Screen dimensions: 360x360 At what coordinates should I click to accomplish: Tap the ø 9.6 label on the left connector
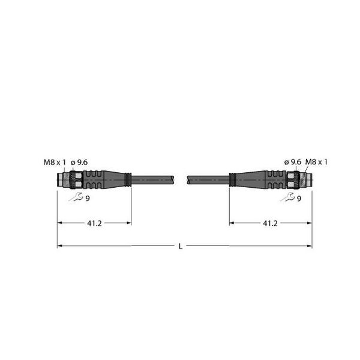tap(80, 161)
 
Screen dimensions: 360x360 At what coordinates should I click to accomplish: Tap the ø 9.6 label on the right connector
tap(292, 161)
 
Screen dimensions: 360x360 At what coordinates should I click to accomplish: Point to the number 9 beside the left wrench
tap(88, 199)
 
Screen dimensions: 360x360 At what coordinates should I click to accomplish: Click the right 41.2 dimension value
tap(271, 223)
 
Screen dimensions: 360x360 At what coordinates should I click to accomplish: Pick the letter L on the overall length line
tap(181, 246)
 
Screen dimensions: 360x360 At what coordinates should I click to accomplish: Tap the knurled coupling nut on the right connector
tap(293, 179)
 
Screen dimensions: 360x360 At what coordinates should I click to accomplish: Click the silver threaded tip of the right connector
tap(305, 179)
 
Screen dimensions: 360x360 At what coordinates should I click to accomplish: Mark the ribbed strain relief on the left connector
tap(96, 179)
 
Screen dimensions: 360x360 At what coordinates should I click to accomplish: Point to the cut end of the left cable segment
tap(175, 179)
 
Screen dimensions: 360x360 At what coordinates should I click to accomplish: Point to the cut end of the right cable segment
tap(190, 179)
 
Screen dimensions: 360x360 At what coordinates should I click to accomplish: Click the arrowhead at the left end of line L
tap(60, 246)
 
